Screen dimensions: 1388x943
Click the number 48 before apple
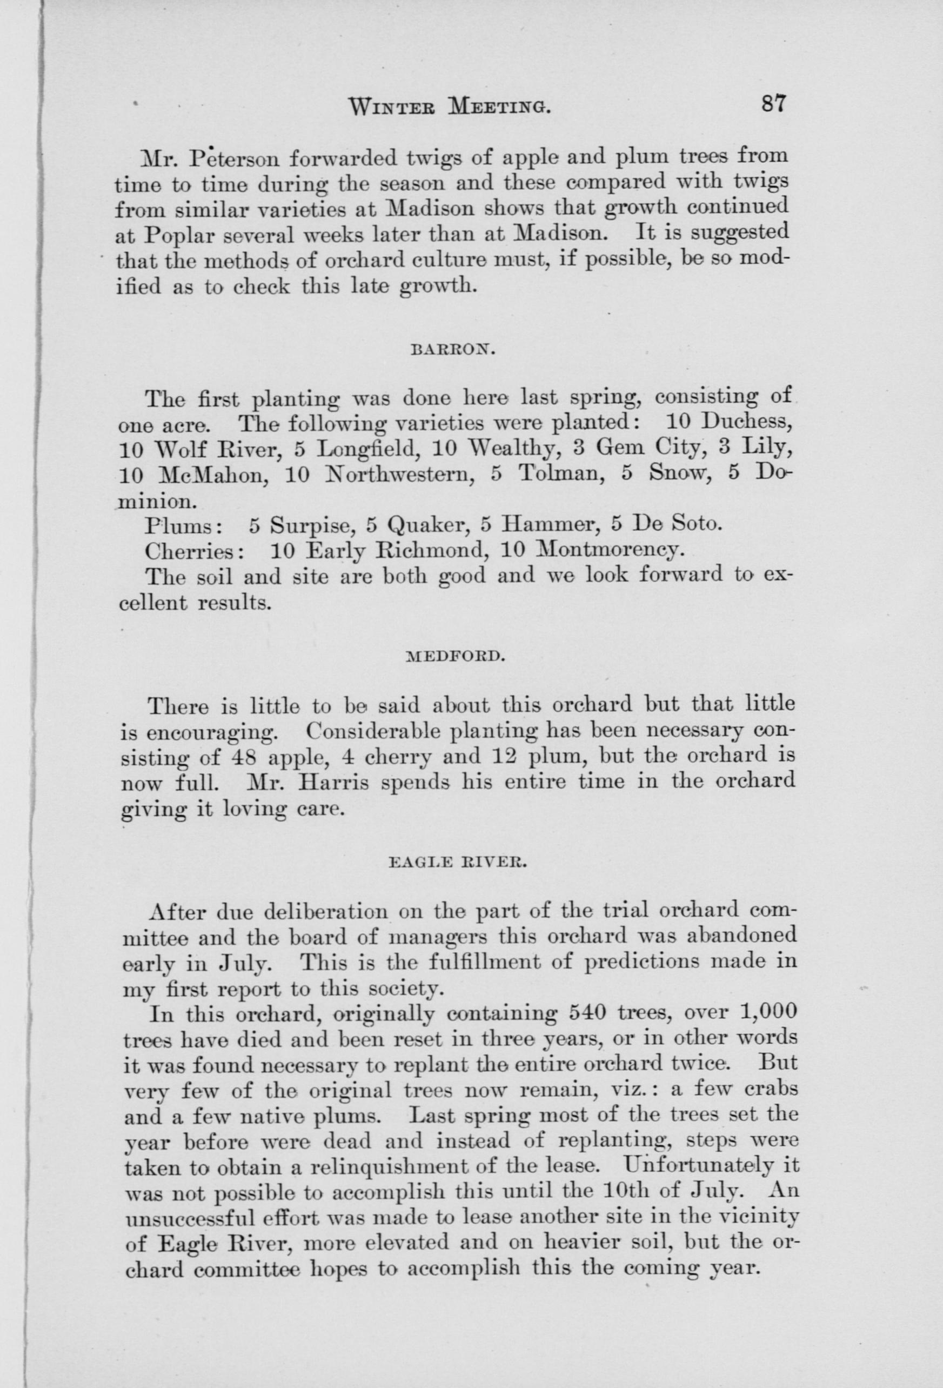pyautogui.click(x=244, y=757)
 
